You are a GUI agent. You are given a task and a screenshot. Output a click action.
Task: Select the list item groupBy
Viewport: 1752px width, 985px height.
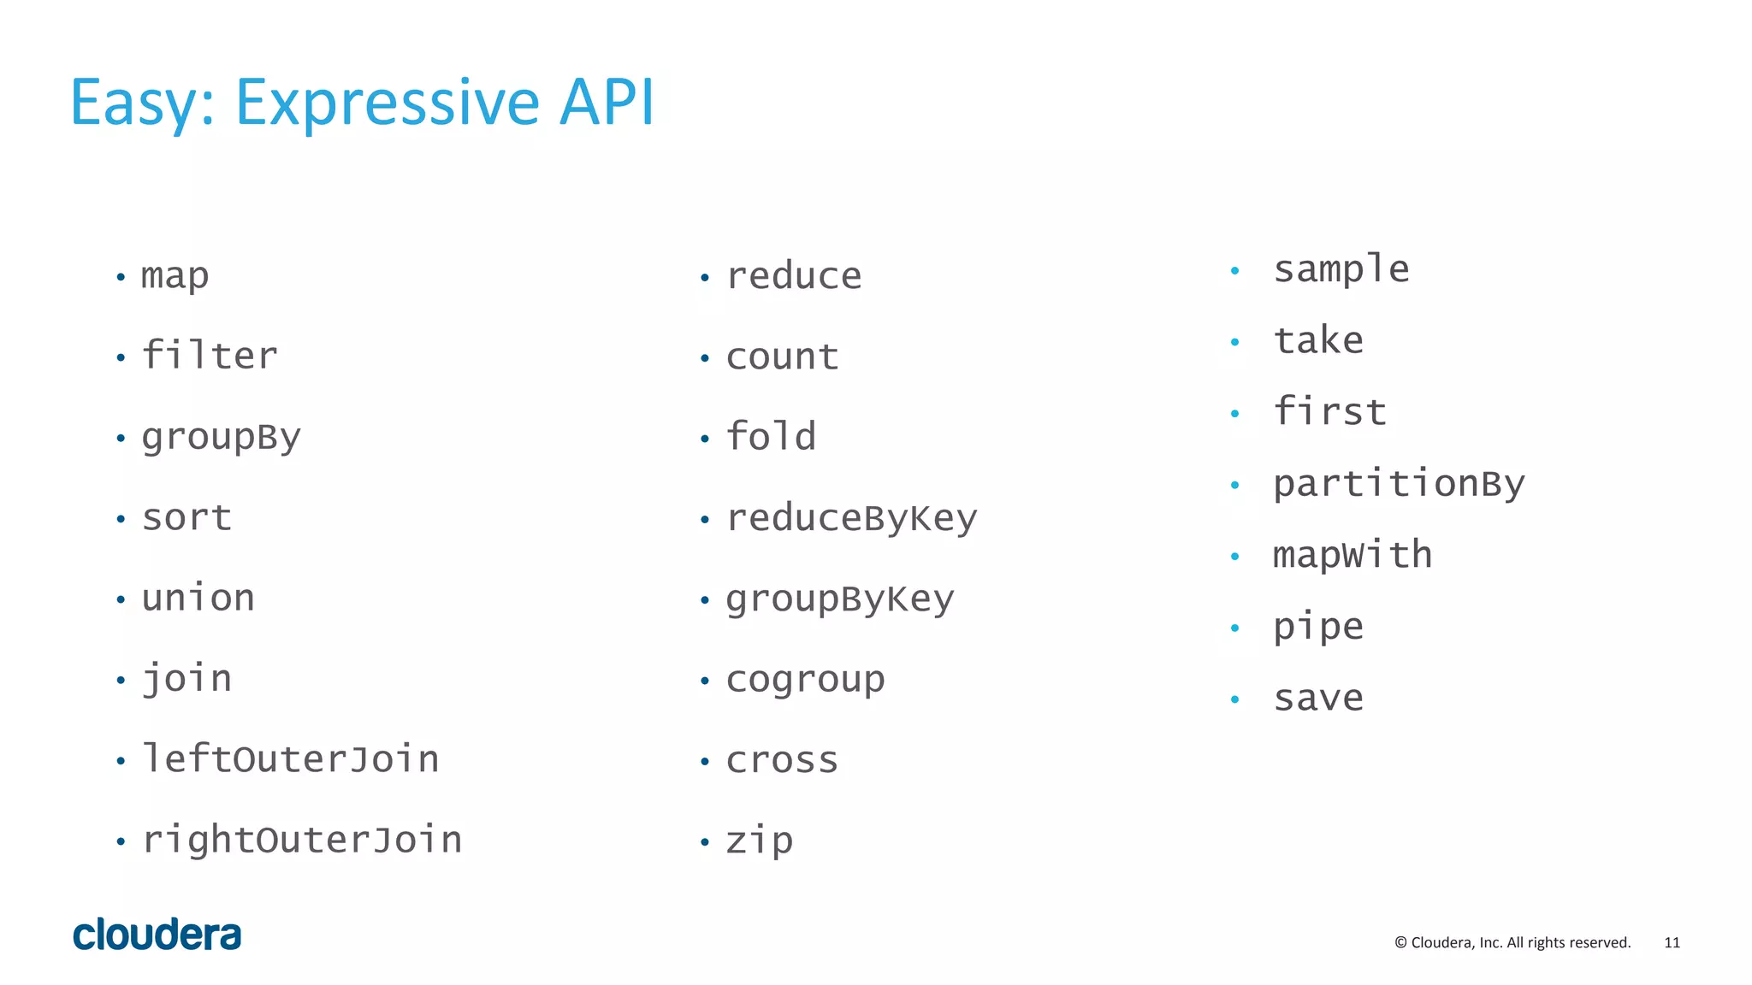221,437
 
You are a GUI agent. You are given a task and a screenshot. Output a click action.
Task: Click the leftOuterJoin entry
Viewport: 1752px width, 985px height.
290,759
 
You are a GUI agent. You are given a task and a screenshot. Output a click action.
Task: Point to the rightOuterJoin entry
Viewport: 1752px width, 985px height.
302,840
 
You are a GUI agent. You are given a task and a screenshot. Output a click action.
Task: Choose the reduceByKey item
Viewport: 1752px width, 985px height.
851,518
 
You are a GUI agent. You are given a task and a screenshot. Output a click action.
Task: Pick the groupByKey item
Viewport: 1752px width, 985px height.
839,599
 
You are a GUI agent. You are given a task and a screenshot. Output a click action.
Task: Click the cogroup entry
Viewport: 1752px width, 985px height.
805,680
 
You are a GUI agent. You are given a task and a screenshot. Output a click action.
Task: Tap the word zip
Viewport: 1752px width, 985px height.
759,840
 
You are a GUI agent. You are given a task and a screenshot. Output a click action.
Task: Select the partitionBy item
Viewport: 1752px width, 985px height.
1399,484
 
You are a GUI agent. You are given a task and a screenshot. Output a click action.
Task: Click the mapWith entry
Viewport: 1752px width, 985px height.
1352,555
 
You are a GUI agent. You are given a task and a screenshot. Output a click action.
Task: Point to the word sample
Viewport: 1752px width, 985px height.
1341,269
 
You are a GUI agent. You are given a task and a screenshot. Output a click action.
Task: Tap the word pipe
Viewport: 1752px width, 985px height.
1317,628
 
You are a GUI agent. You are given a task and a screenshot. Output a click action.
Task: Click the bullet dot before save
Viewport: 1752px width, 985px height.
1234,699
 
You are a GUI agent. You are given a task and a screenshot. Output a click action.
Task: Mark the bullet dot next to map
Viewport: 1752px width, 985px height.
121,277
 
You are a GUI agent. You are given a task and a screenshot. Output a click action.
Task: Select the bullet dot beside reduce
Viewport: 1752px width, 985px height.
705,277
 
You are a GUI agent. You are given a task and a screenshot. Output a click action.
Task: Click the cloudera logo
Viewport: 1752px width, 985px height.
157,935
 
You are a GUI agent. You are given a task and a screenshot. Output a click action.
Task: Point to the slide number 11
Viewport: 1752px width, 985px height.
1672,942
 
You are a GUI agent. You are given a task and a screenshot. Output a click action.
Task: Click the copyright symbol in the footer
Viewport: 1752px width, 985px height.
1400,942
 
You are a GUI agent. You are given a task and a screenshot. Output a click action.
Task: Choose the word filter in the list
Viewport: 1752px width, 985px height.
210,356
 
